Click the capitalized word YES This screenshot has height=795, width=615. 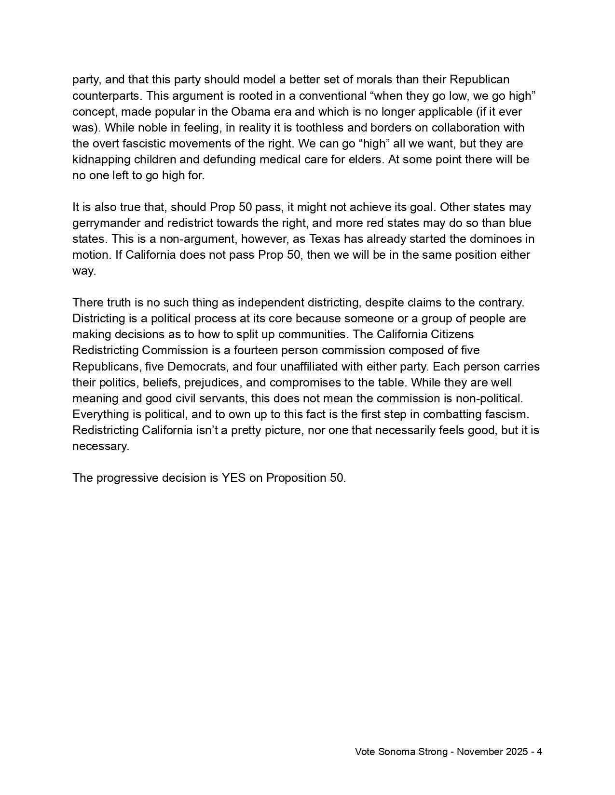point(233,478)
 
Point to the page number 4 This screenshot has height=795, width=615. point(539,752)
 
